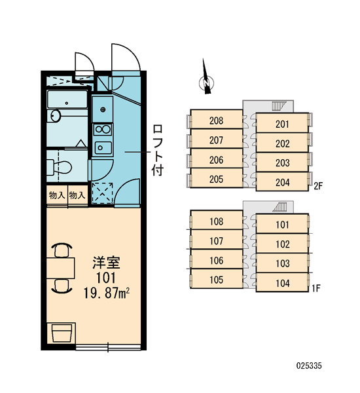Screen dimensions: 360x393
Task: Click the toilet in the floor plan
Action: [x=60, y=167]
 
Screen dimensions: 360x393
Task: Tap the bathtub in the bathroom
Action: [x=67, y=100]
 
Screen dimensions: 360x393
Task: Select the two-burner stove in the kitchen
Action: [x=103, y=130]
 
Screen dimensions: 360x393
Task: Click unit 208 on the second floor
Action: [x=216, y=120]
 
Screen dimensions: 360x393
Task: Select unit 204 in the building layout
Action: [x=282, y=181]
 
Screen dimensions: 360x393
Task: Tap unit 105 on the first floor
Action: [x=216, y=279]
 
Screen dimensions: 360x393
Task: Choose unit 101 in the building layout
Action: [x=282, y=224]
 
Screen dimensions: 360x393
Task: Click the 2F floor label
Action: [x=318, y=186]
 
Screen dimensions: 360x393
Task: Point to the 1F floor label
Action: [x=316, y=288]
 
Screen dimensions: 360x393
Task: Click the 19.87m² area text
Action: [x=107, y=293]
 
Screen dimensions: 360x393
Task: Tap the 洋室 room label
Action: [x=107, y=263]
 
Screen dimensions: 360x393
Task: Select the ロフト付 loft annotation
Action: [x=158, y=150]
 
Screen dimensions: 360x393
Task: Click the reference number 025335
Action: [x=309, y=365]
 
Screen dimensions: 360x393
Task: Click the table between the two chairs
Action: [x=61, y=268]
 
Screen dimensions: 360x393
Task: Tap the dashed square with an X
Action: [x=103, y=193]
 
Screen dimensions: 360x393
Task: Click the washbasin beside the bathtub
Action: [x=56, y=116]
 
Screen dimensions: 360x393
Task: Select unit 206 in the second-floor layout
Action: [x=216, y=159]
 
